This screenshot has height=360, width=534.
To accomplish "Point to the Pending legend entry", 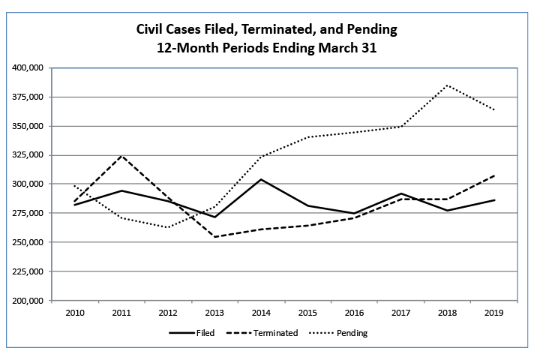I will [351, 333].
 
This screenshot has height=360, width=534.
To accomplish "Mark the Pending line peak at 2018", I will [448, 85].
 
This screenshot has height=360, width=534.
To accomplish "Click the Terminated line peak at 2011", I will [121, 156].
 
